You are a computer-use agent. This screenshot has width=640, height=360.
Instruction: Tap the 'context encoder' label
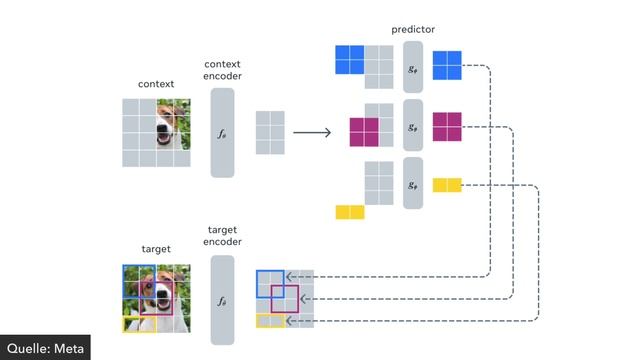222,70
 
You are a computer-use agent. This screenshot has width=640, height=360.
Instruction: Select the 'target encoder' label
222,236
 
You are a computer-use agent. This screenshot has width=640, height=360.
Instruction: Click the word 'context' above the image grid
156,84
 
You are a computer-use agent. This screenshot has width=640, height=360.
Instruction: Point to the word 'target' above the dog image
156,249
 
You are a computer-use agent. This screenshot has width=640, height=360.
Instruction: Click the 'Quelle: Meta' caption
45,347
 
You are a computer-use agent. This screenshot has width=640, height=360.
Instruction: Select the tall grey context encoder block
222,133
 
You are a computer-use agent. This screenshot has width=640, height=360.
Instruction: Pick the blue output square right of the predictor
446,65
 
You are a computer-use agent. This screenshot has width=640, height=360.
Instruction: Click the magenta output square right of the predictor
446,127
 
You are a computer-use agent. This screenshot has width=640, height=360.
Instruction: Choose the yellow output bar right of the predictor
446,184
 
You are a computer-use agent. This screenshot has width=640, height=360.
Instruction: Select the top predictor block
413,68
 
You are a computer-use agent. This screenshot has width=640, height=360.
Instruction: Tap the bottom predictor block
413,183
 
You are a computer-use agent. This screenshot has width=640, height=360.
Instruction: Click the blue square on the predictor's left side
349,60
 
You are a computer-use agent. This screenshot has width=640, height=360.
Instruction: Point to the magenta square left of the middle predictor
363,131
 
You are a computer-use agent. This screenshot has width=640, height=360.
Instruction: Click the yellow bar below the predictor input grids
350,212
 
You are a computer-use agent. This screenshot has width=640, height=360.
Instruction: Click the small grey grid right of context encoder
271,133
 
